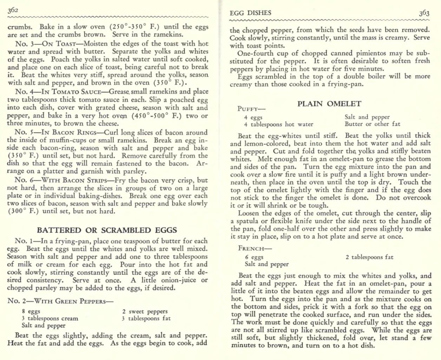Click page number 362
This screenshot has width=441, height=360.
[13, 10]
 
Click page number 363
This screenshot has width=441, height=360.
[424, 13]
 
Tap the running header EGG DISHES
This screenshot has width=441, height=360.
[250, 13]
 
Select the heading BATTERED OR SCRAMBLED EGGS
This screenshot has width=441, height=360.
[107, 230]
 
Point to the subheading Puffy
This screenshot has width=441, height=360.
[251, 109]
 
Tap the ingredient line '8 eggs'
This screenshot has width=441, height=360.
[31, 311]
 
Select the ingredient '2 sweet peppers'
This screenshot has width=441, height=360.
[145, 311]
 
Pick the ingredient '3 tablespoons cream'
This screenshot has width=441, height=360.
[50, 318]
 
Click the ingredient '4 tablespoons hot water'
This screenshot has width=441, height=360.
[278, 124]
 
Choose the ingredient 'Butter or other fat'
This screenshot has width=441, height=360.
[372, 124]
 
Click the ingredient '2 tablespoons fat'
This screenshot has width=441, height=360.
[369, 257]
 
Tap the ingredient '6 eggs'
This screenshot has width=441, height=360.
[254, 257]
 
